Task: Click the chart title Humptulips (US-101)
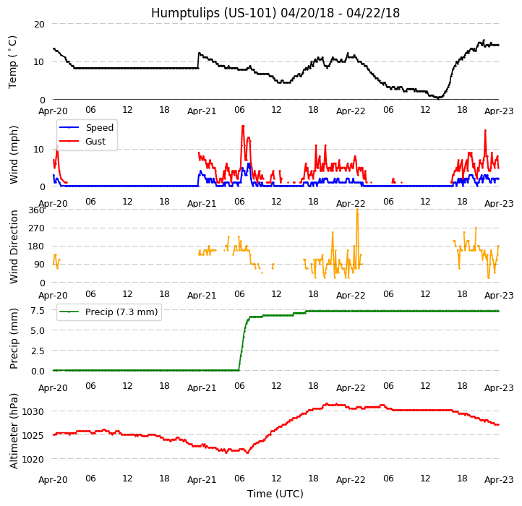275,13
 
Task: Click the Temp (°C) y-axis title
13,61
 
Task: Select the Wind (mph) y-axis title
14,154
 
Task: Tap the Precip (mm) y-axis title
14,338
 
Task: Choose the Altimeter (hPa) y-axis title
14,431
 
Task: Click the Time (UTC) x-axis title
275,494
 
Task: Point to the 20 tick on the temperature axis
38,24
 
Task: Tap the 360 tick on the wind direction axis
36,210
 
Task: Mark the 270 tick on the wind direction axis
36,228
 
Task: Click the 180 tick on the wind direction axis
36,246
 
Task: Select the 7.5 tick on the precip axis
37,311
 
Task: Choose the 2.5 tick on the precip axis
37,351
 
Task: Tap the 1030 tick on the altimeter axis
33,412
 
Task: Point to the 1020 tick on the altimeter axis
33,459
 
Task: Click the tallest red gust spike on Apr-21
243,126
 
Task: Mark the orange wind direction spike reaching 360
357,212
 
